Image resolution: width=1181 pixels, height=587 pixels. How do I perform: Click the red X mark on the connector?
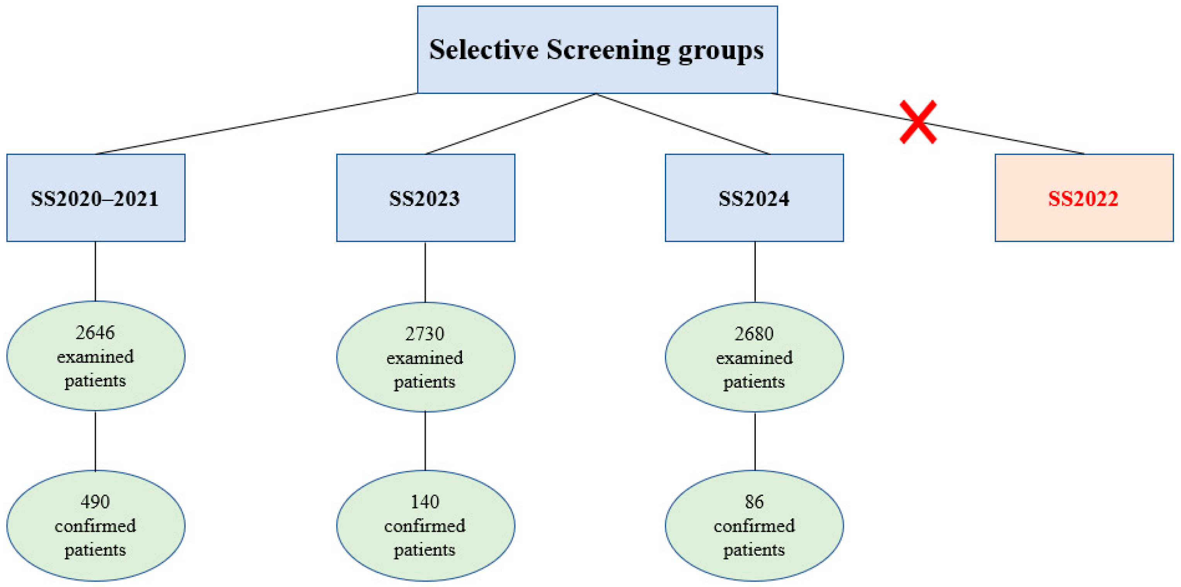click(918, 122)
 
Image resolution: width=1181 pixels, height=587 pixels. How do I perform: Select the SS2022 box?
click(1084, 197)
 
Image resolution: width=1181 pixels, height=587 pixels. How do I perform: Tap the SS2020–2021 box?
click(95, 197)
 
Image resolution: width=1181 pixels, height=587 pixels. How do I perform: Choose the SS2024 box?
click(754, 197)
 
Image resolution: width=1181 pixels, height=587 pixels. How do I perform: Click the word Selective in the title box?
click(484, 49)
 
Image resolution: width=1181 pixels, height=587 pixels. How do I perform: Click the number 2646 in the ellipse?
click(95, 332)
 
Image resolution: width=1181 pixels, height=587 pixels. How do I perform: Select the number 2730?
click(425, 333)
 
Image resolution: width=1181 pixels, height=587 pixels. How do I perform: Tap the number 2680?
click(754, 333)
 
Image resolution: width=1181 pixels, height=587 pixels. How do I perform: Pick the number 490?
click(95, 502)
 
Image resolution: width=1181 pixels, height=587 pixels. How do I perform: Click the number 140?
click(425, 502)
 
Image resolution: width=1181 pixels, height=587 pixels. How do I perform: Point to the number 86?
click(754, 502)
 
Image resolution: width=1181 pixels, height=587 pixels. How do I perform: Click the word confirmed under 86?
click(754, 526)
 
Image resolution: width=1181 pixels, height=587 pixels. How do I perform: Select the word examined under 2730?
click(425, 358)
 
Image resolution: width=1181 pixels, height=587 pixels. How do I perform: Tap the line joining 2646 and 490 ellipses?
click(95, 441)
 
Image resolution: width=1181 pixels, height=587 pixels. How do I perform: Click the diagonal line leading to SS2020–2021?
click(257, 124)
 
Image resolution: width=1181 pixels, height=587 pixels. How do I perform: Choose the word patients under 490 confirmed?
click(95, 550)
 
